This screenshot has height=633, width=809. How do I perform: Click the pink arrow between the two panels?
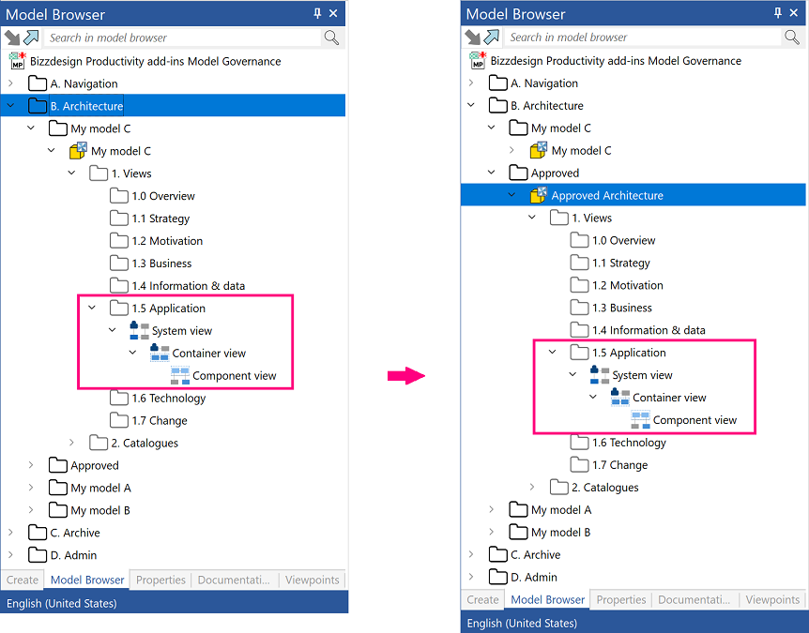pos(406,376)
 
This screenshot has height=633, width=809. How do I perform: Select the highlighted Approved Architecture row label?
pos(606,195)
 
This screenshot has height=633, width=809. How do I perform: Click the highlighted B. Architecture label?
pos(86,106)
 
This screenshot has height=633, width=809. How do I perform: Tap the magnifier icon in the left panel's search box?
pos(331,38)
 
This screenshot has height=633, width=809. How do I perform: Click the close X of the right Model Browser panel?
pos(794,13)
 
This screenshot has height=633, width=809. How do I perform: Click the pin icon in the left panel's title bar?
pos(317,13)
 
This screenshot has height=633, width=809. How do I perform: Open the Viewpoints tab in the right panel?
pos(772,599)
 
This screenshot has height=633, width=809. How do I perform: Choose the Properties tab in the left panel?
pos(160,580)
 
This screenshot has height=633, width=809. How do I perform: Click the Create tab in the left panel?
pos(23,580)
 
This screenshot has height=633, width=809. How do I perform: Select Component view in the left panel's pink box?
pos(235,376)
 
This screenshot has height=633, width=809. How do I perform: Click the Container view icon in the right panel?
pos(620,398)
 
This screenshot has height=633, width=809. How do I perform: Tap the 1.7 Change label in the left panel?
pos(160,421)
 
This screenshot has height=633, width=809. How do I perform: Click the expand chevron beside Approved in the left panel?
pos(31,465)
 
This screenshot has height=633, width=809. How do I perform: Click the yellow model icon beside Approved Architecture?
pos(538,195)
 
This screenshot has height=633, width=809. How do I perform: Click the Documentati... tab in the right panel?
pos(694,599)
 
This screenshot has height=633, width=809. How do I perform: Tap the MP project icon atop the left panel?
pos(17,61)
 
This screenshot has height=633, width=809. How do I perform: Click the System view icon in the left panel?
pos(139,330)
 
